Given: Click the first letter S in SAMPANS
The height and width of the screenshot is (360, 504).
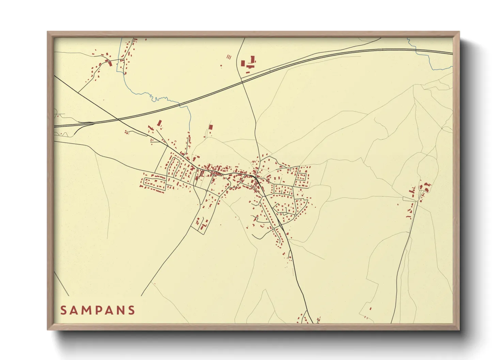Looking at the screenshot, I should pyautogui.click(x=63, y=310).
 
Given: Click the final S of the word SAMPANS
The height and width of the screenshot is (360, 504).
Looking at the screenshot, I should pyautogui.click(x=131, y=310).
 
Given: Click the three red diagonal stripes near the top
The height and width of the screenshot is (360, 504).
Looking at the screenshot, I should pyautogui.click(x=229, y=57).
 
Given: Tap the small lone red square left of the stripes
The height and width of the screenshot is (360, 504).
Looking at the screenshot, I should pyautogui.click(x=221, y=66).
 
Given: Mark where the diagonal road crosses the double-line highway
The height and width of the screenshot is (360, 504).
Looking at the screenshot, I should pyautogui.click(x=118, y=120).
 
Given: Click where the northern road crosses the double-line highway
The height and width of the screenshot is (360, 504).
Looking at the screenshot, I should pyautogui.click(x=241, y=81).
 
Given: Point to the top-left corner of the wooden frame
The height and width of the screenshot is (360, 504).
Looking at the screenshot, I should pyautogui.click(x=48, y=32).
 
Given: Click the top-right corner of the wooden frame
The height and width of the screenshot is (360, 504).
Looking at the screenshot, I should pyautogui.click(x=459, y=32).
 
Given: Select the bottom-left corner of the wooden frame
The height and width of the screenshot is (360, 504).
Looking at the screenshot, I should pyautogui.click(x=48, y=329).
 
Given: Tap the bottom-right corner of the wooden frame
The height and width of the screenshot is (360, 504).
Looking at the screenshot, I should pyautogui.click(x=459, y=329).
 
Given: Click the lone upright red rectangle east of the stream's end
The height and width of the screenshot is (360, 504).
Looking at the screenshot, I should pyautogui.click(x=210, y=127).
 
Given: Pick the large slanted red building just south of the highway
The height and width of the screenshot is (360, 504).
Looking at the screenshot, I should pyautogui.click(x=159, y=123).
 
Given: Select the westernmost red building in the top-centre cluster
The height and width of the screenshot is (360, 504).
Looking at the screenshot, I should pyautogui.click(x=242, y=64).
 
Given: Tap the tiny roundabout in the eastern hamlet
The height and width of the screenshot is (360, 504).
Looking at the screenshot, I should pyautogui.click(x=416, y=201).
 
